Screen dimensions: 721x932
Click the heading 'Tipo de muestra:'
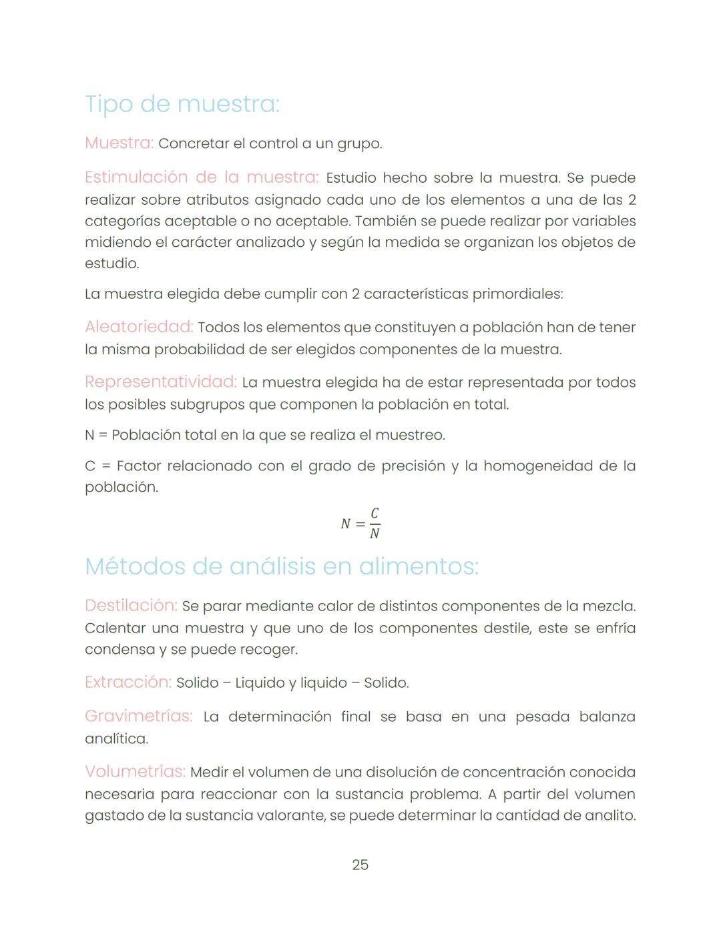tap(182, 104)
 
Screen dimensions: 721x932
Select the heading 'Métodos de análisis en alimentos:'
tap(281, 566)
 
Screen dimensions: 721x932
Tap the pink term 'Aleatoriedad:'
tap(139, 327)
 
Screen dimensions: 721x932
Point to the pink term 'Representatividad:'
tap(160, 382)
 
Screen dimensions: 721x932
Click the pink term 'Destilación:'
tap(131, 605)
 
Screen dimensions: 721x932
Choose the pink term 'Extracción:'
tap(128, 682)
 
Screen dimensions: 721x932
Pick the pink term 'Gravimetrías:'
tap(138, 716)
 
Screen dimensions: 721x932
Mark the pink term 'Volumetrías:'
tap(135, 771)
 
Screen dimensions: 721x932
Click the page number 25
tap(360, 865)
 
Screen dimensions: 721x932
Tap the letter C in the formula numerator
tap(375, 513)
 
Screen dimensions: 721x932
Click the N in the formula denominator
tap(375, 533)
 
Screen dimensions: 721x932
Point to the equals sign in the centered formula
tap(360, 524)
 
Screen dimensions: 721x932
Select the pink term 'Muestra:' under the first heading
tap(119, 143)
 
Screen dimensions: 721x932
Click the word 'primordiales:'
tap(517, 294)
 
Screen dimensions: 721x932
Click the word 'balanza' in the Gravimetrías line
tap(607, 717)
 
